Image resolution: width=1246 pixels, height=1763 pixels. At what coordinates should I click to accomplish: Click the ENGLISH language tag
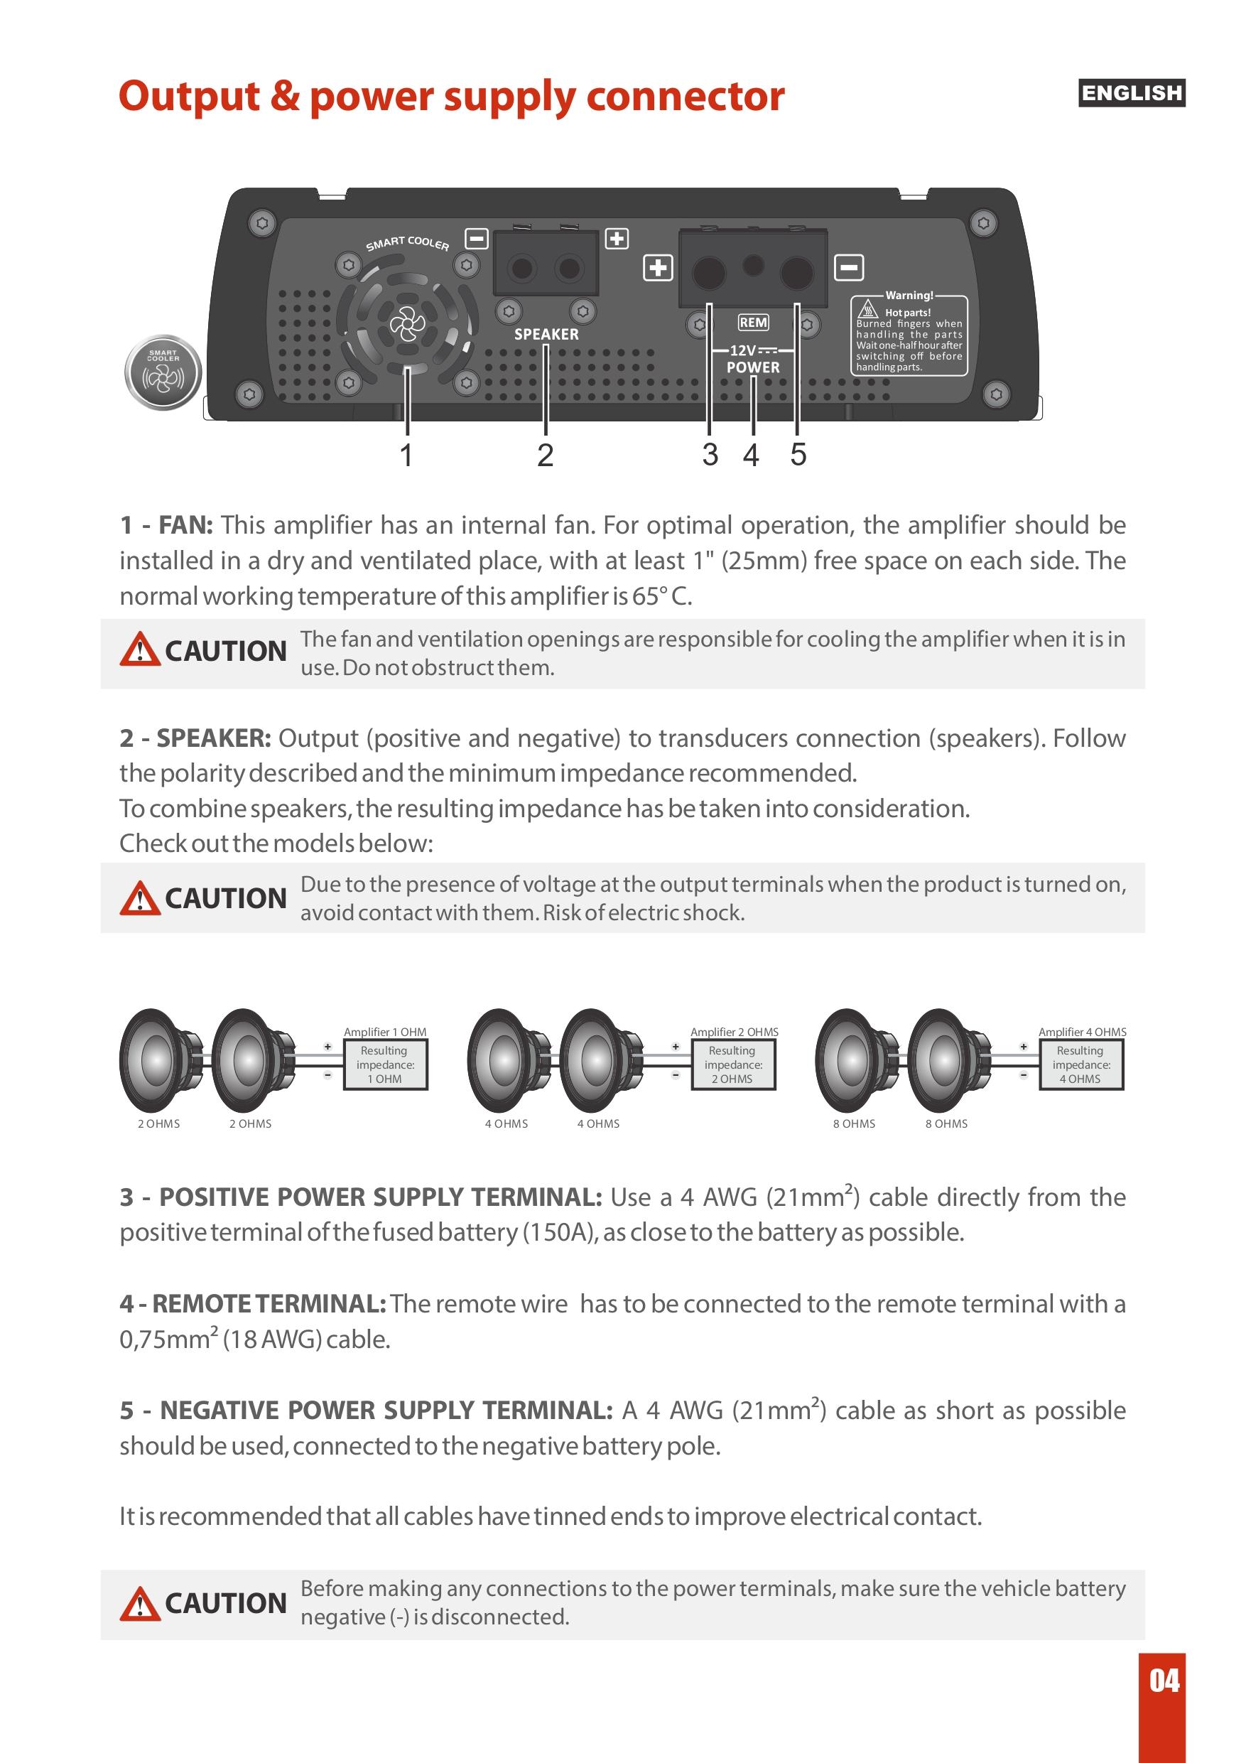coord(1131,93)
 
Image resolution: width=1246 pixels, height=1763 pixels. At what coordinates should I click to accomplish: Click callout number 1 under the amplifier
coord(406,455)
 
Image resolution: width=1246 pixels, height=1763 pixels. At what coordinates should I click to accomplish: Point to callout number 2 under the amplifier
coord(545,455)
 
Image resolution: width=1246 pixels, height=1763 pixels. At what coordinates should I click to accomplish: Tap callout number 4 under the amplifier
coord(751,455)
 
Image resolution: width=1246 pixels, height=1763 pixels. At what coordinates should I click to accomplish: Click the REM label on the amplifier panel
coord(753,323)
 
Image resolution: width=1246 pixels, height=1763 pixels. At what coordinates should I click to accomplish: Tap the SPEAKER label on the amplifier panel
coord(546,334)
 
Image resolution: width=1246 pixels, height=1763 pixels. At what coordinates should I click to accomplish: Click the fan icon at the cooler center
coord(407,324)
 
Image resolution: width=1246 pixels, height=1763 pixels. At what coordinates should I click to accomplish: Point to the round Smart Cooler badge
coord(163,372)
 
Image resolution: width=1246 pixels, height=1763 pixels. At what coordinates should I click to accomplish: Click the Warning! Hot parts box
coord(909,335)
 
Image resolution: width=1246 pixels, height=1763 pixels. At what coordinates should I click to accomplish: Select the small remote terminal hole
coord(754,265)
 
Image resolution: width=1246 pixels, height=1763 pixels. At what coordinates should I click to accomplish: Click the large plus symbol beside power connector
coord(657,267)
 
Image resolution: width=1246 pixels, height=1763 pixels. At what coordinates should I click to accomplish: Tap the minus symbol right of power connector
coord(848,267)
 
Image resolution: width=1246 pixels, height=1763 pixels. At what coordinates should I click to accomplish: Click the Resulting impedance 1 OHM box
coord(384,1064)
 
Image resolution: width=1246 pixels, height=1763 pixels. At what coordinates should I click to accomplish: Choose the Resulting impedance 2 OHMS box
coord(732,1064)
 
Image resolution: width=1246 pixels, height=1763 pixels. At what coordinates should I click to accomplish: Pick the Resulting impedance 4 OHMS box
coord(1080,1064)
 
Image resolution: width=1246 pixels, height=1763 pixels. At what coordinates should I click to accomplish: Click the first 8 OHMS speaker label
coord(854,1123)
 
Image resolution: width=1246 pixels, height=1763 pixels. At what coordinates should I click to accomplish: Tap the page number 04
coord(1164,1681)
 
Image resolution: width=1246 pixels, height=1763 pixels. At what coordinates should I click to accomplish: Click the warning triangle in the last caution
coord(140,1604)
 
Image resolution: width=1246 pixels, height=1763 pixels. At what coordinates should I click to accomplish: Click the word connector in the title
coord(685,97)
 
